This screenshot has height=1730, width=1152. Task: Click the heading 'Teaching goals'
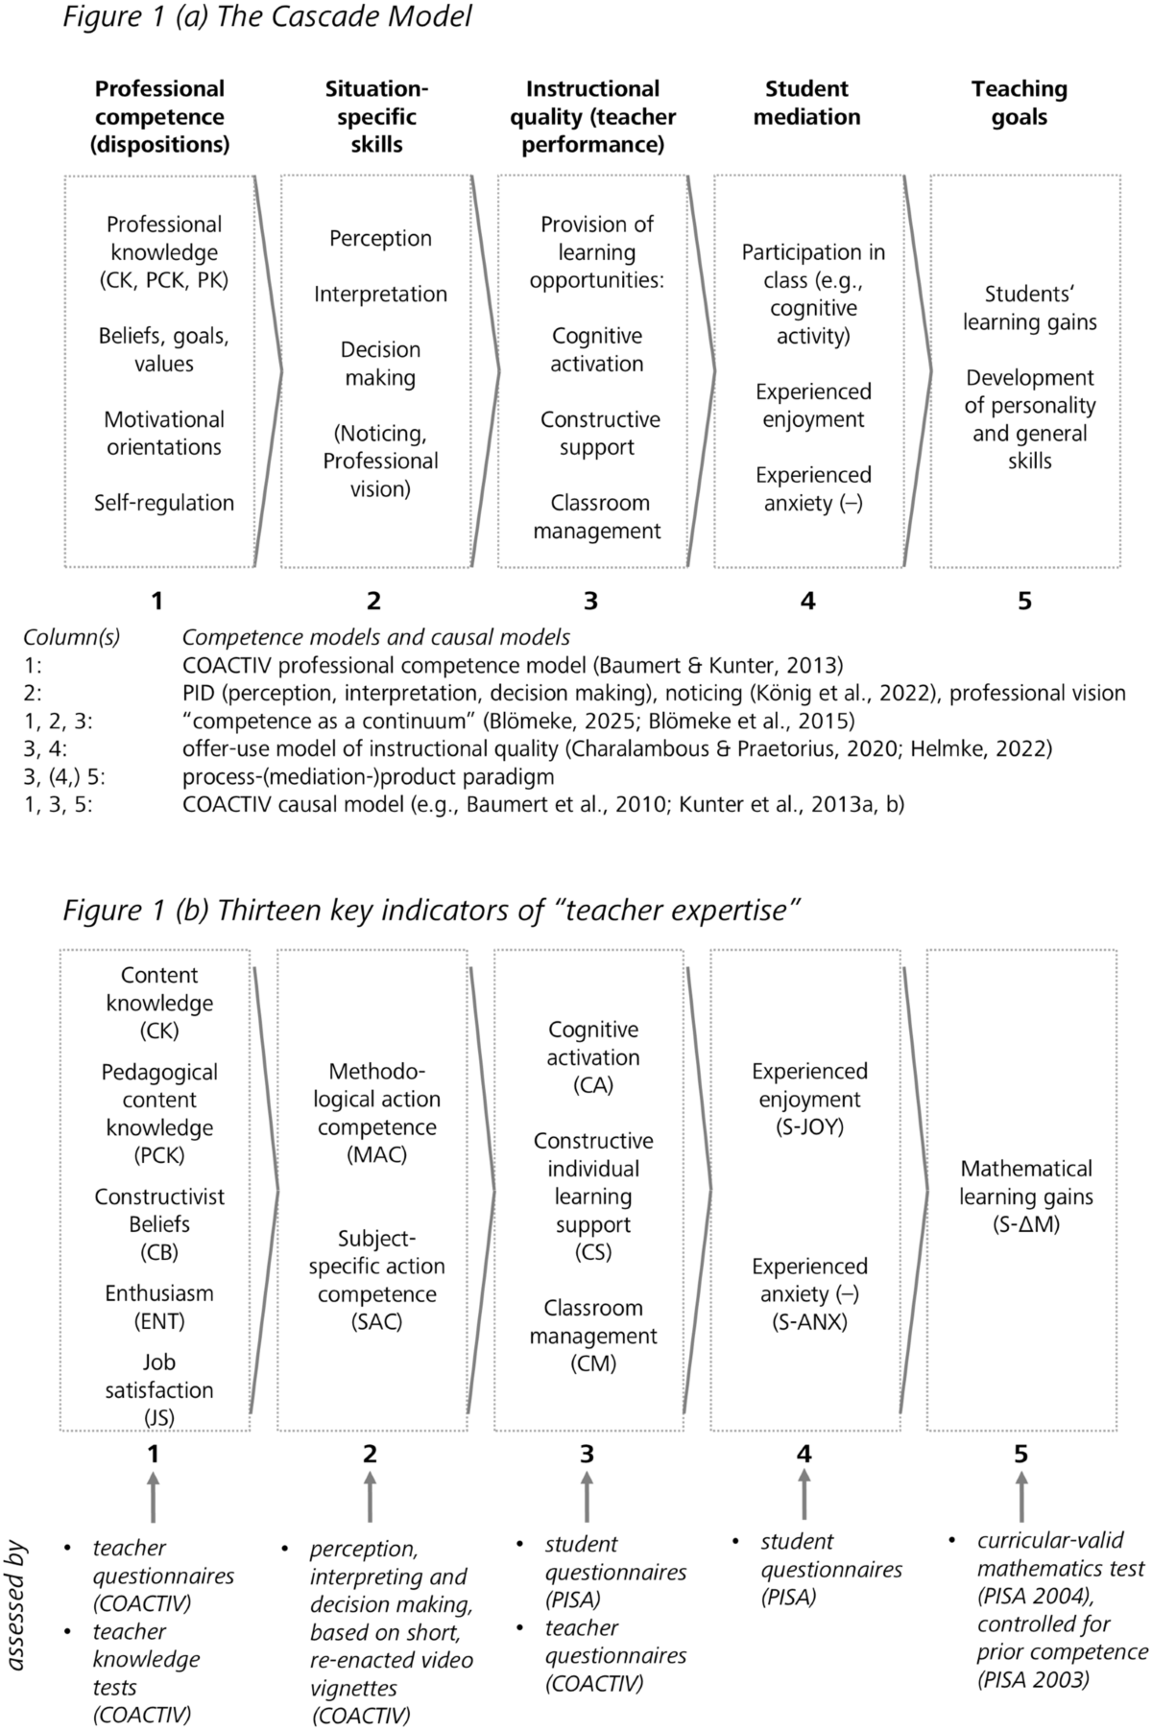coord(1019,103)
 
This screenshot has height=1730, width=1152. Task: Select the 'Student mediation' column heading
coord(806,103)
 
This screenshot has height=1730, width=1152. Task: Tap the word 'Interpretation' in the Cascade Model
coord(380,295)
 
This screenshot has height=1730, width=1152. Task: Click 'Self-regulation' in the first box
coord(164,503)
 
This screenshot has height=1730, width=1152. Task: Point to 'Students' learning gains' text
coord(1029,308)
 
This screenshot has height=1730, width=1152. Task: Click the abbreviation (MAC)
coord(376,1155)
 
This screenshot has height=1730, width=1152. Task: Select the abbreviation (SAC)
coord(376,1321)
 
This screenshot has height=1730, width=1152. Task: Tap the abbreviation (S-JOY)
coord(809,1127)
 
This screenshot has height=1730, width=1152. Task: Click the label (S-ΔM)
coord(1026,1224)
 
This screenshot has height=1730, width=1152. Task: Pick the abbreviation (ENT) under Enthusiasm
coord(159,1321)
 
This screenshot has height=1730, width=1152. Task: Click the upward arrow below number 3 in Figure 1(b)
coord(588,1499)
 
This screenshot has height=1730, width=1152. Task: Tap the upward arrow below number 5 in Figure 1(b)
coord(1021,1499)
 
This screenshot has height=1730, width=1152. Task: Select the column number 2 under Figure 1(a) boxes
coord(373,601)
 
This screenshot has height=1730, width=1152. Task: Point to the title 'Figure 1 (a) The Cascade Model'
coord(267,17)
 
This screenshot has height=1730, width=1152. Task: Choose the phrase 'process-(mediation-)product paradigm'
coord(368,776)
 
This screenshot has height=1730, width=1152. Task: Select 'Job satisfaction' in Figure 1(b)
coord(159,1376)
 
